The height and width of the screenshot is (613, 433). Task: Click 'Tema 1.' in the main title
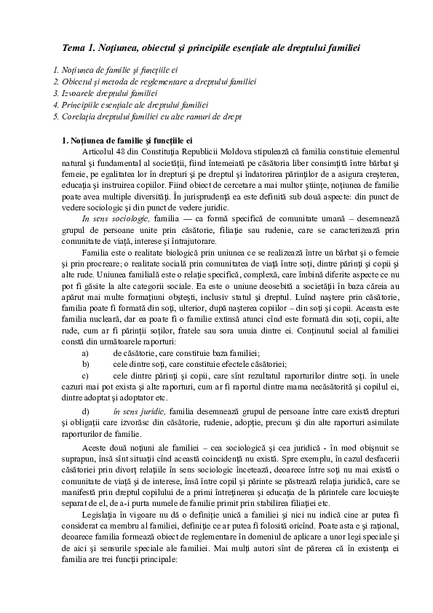coord(79,48)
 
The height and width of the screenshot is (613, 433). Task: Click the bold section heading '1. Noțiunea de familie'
coord(127,139)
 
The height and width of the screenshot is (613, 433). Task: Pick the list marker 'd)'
coord(86,411)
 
